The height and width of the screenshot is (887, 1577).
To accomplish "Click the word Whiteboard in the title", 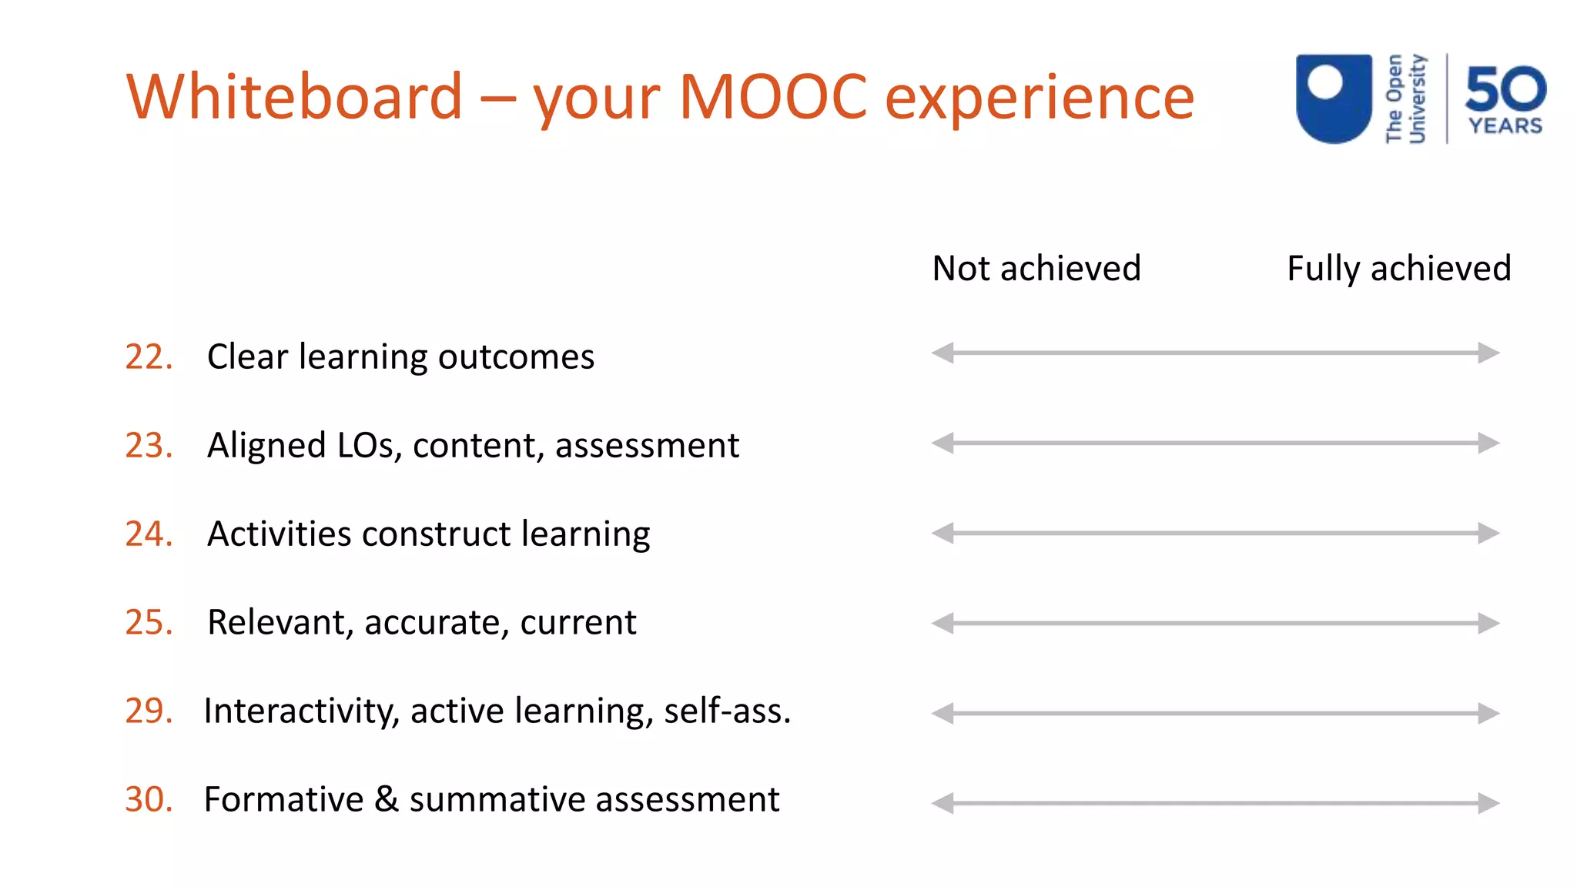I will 294,97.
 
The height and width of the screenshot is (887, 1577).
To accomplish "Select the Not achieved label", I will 1036,269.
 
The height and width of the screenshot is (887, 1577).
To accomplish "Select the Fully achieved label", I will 1398,269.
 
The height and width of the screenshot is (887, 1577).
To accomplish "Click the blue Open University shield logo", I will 1334,98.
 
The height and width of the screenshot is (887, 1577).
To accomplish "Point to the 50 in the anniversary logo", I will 1505,89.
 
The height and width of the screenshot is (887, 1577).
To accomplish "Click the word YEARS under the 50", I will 1505,126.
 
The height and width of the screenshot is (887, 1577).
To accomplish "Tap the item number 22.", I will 149,357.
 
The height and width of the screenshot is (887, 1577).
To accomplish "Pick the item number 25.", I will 149,622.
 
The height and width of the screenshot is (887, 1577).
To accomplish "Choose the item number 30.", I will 149,799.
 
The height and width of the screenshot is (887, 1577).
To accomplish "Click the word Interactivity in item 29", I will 301,711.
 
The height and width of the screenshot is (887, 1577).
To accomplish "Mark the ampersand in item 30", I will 387,798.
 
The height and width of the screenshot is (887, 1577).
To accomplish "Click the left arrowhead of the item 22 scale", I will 943,353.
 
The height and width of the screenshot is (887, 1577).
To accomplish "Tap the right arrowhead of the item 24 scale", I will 1489,533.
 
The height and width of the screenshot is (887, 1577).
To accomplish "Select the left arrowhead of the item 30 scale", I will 943,803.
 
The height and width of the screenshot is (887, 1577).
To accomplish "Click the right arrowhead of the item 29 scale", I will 1489,713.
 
